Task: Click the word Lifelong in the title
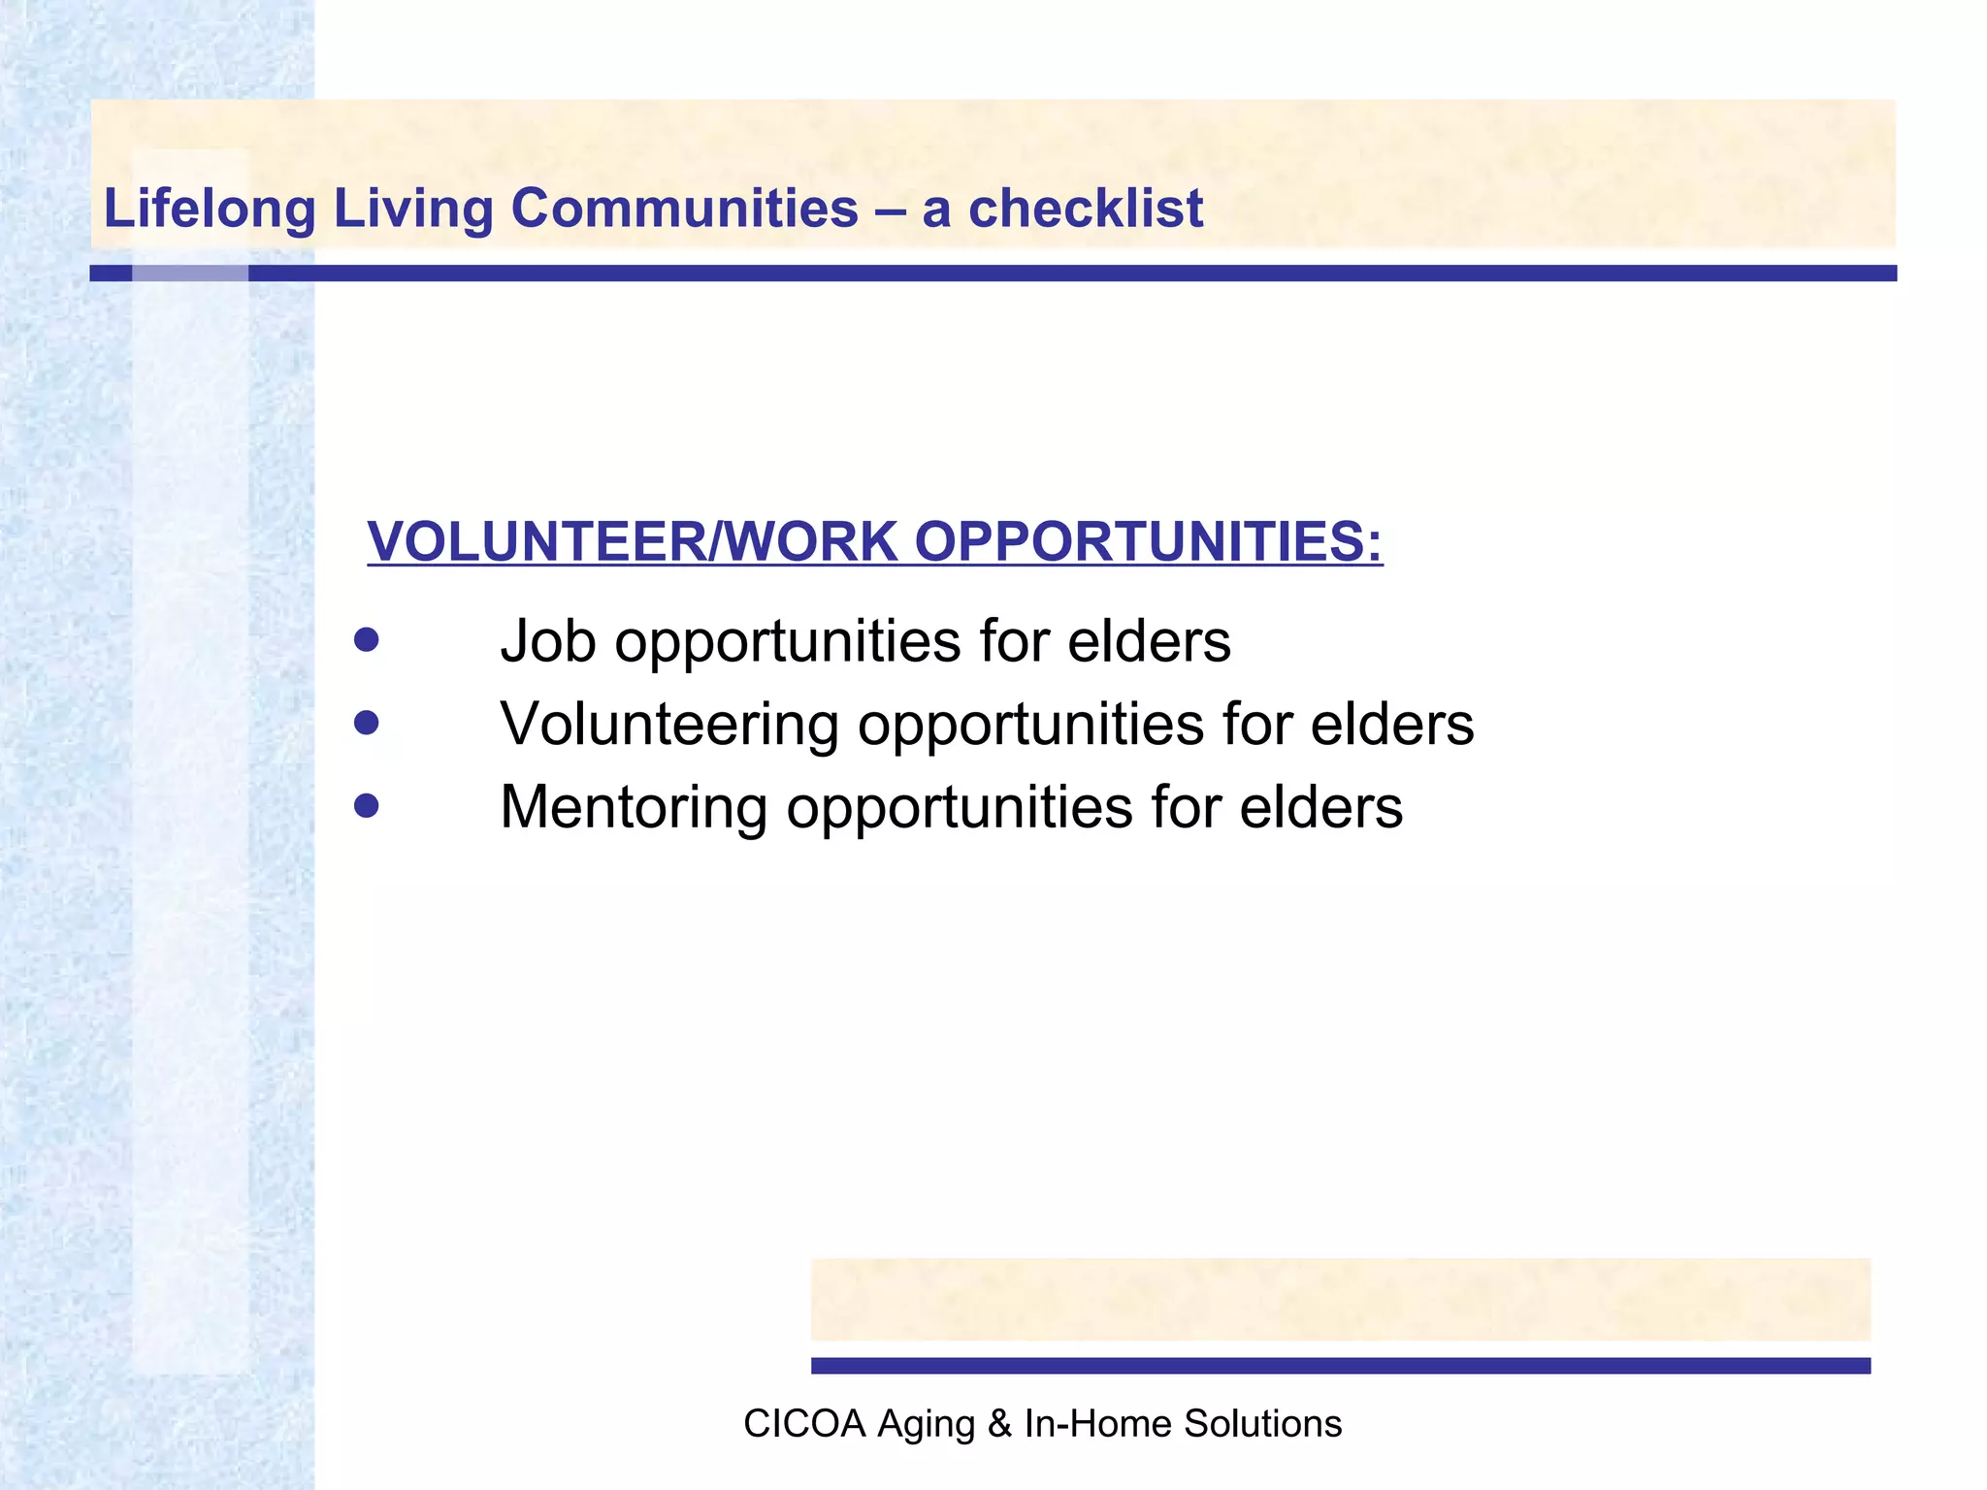click(x=210, y=209)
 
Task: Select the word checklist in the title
click(x=1086, y=209)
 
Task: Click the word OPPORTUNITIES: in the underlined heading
click(x=1148, y=541)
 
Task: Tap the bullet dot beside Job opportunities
click(x=366, y=640)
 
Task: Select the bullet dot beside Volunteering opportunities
click(x=366, y=724)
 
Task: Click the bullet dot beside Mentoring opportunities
click(x=366, y=806)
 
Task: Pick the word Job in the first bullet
click(x=547, y=641)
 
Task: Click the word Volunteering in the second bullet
click(x=669, y=725)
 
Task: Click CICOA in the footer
click(x=803, y=1424)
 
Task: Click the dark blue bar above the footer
click(x=1340, y=1366)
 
